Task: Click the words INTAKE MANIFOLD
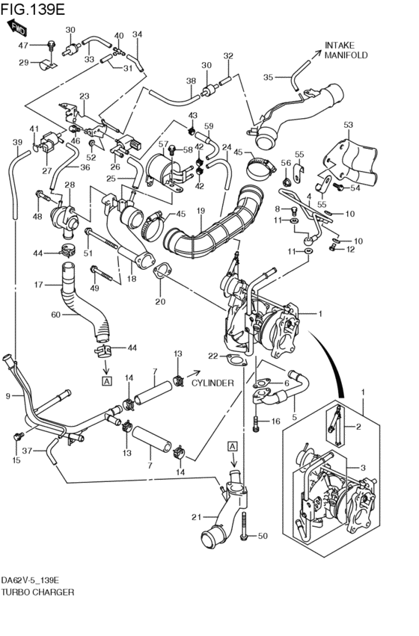coord(346,49)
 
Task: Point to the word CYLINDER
coord(212,383)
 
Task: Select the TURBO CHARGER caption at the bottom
coord(37,591)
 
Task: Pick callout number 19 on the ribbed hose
coord(201,212)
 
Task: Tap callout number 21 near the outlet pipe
coord(197,517)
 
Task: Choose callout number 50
coord(262,536)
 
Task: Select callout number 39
coord(17,142)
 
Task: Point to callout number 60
coord(55,315)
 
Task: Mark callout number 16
coord(275,422)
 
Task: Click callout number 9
coord(8,395)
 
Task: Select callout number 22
coord(213,356)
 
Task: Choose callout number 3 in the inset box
coord(363,468)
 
